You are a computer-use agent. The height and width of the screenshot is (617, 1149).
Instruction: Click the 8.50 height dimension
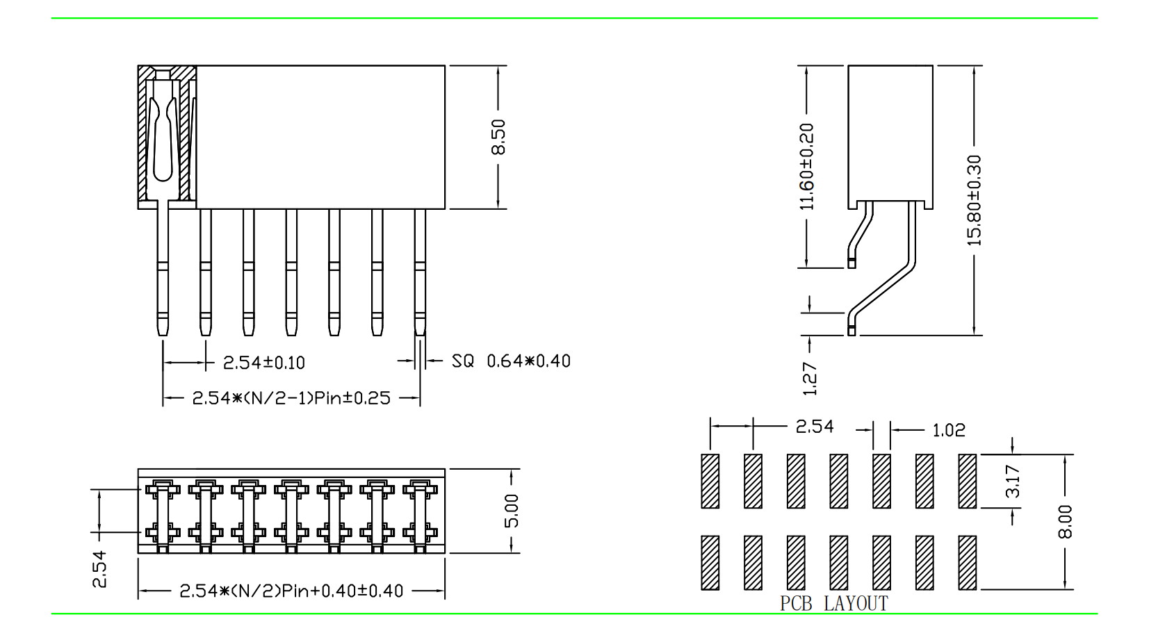[498, 137]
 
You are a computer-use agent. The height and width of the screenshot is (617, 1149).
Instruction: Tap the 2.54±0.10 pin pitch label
[263, 363]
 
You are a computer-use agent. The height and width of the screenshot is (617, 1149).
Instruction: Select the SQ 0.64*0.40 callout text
[511, 361]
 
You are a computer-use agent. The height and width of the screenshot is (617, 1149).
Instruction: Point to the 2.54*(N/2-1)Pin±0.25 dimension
[291, 398]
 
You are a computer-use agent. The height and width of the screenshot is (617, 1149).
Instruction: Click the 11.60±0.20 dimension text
[806, 167]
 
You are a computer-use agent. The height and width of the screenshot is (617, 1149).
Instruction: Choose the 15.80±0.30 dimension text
[975, 200]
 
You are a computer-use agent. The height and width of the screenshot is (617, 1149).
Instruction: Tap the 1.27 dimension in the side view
[810, 379]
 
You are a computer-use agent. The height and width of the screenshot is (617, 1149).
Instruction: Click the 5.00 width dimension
[512, 511]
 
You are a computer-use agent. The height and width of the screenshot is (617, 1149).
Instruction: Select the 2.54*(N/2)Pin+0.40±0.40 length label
[291, 591]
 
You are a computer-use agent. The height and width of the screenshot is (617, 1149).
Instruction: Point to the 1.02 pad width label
[949, 431]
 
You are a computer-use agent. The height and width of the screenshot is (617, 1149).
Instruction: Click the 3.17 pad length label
[1013, 481]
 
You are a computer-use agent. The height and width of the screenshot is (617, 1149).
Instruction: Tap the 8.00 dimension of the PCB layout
[1065, 521]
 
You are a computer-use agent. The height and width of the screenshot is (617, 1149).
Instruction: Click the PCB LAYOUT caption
[834, 603]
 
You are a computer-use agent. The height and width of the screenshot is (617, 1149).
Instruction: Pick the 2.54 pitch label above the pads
[815, 427]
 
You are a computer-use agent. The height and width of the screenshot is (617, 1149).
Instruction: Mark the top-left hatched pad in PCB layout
[710, 481]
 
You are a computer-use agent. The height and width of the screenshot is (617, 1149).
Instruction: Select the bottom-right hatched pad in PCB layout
[967, 562]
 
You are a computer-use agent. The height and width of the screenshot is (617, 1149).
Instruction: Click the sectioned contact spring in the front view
[163, 139]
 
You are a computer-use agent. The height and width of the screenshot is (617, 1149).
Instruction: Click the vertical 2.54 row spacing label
[100, 568]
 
